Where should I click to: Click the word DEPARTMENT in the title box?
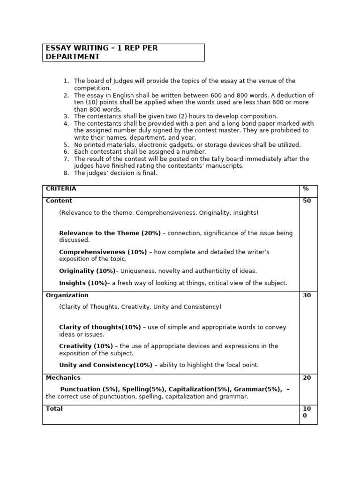pos(72,57)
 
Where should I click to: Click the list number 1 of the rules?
pos(66,81)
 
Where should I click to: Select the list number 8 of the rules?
pos(66,173)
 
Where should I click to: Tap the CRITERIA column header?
pos(61,188)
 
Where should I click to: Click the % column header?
pos(306,188)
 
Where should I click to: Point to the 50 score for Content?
pos(307,201)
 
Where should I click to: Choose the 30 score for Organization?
pos(307,296)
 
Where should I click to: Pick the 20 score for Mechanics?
pos(307,378)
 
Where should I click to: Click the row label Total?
pos(54,409)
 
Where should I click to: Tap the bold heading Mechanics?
pos(63,378)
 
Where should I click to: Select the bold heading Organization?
pos(67,295)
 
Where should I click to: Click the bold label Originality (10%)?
pos(87,271)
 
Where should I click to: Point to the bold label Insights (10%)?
pos(83,283)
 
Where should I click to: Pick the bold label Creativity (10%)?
pos(86,346)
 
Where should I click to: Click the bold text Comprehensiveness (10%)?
pos(103,252)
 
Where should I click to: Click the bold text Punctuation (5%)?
pos(87,389)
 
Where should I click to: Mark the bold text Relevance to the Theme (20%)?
pos(110,233)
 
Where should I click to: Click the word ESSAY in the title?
pos(56,48)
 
